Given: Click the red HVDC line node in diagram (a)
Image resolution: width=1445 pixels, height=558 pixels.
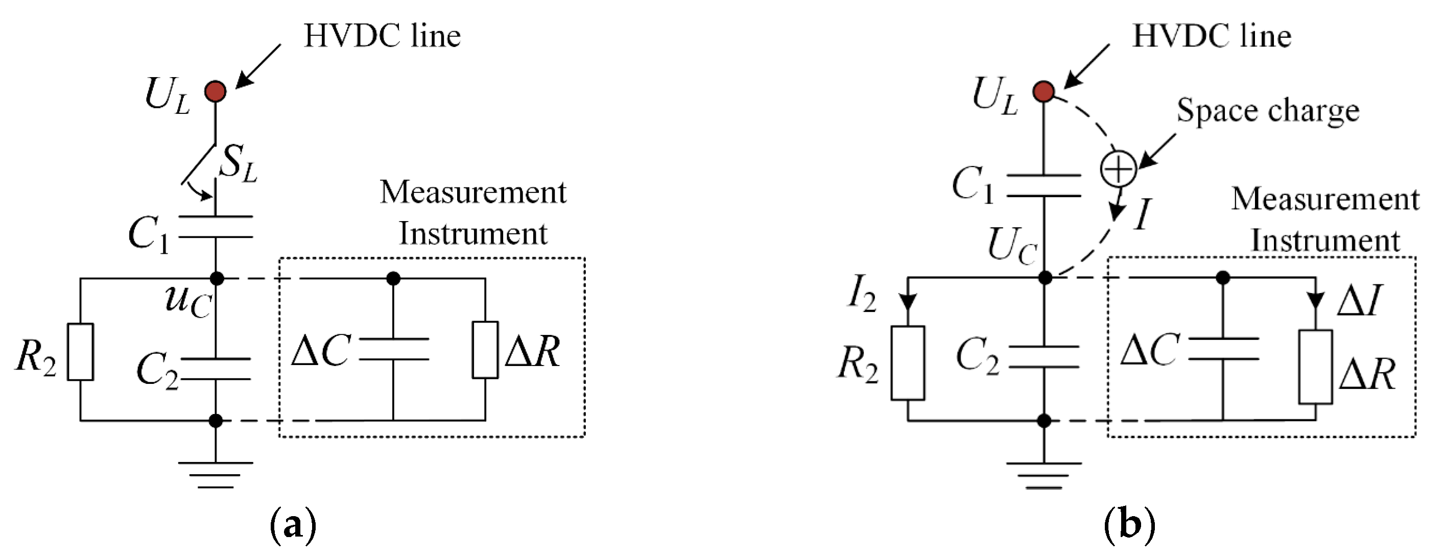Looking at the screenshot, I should point(216,91).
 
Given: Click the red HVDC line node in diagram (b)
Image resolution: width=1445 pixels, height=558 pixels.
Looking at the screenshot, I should point(1044,91).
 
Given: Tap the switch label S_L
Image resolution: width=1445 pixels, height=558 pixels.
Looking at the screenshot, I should point(238,163).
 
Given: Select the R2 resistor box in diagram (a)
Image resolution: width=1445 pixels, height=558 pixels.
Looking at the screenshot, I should point(80,352).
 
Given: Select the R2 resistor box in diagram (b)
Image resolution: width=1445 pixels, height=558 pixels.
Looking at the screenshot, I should point(908,363).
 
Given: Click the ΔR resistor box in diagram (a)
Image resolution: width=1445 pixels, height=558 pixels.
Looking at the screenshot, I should point(485,350).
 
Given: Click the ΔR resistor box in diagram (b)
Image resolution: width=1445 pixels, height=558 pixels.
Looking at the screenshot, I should point(1315,367).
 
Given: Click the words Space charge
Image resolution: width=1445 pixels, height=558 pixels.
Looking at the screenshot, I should point(1268,110).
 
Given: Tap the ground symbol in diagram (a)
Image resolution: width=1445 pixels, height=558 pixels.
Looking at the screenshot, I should point(216,474).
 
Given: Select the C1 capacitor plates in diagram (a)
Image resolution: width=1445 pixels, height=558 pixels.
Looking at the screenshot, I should point(216,227).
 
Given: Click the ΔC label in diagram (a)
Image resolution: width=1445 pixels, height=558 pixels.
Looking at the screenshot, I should point(321,351).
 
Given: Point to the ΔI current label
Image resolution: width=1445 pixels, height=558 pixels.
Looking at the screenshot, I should point(1359,301).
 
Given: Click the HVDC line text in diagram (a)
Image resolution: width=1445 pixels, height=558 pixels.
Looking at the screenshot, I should point(382,36).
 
